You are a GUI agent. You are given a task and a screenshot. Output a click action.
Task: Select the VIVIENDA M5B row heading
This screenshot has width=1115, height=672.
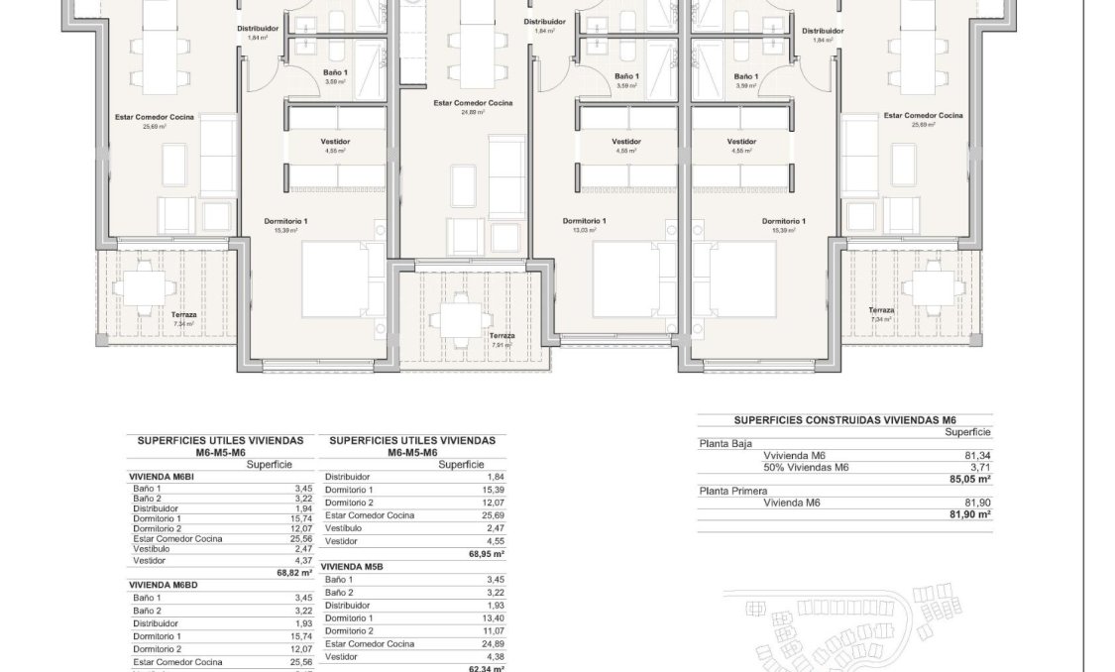coord(352,566)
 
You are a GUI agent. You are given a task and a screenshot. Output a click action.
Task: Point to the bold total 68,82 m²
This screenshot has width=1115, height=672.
coord(295,573)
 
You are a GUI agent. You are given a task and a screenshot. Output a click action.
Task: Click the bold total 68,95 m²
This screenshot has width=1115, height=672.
coord(488,554)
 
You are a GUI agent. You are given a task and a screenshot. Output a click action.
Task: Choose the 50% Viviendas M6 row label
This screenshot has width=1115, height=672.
coord(806,467)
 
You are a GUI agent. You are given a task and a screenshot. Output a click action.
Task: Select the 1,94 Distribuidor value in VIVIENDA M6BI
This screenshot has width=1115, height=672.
coord(302,508)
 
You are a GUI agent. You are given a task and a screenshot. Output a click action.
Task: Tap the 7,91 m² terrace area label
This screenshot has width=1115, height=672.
coord(502,345)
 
